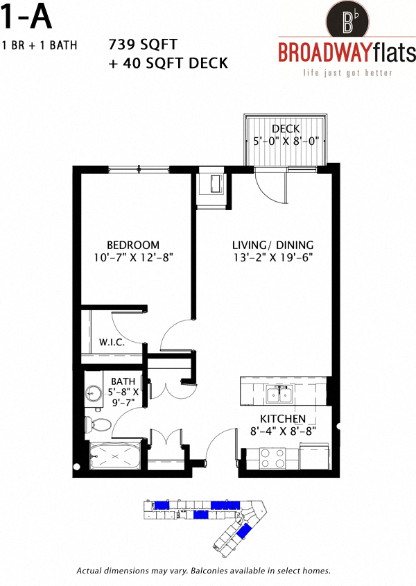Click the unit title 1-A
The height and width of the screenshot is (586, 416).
point(28,17)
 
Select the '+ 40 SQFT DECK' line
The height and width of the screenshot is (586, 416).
point(168,63)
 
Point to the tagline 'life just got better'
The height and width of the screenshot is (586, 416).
point(338,73)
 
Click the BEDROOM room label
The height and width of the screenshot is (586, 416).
point(132,245)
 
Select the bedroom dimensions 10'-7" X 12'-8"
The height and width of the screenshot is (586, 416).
point(132,257)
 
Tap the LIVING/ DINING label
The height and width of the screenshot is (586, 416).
point(272,245)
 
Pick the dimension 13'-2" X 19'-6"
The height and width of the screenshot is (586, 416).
point(272,257)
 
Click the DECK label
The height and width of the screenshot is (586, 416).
point(285,128)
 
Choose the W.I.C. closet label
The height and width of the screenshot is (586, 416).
point(112,342)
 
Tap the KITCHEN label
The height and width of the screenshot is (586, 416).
point(283,420)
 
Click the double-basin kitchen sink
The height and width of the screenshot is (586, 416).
point(281,395)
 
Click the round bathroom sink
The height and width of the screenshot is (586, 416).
point(93,394)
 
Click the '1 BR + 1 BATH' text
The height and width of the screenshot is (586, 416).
point(40,46)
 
